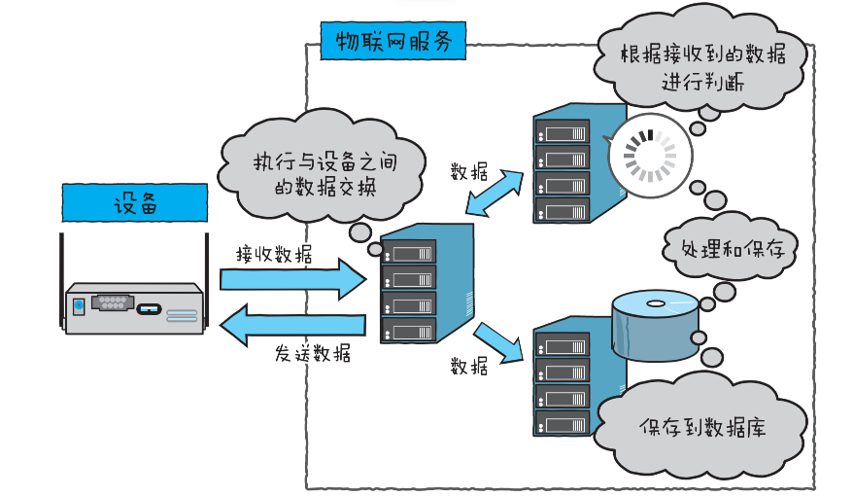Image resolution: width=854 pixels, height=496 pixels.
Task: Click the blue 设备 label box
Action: point(134,203)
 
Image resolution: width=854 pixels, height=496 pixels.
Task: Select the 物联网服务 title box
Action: point(393,42)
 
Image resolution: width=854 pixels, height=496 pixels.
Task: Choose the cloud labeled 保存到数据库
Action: point(702,427)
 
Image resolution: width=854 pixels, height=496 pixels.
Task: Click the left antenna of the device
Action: point(61,272)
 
